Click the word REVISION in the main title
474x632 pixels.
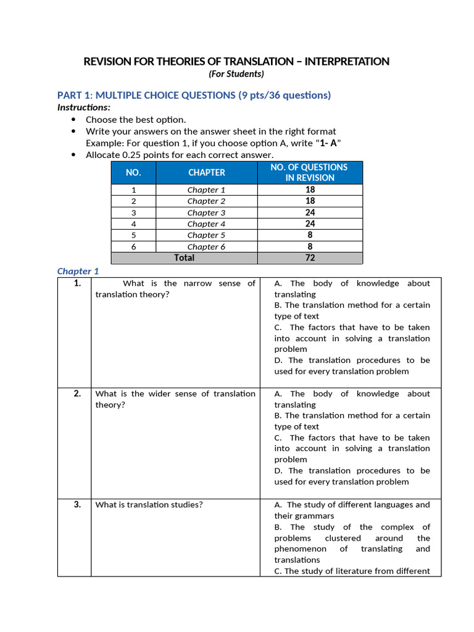coord(106,61)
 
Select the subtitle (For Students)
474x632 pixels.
coord(236,74)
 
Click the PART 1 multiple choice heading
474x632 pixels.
coord(194,95)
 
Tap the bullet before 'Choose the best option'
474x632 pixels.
coord(75,120)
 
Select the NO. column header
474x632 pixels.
coord(133,173)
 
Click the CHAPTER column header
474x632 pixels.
coord(207,173)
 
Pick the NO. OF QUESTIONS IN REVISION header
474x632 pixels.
coord(310,172)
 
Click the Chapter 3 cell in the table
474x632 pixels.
coord(207,212)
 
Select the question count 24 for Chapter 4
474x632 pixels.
coord(310,224)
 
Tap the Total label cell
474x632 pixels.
coord(184,258)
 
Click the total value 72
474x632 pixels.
coord(310,258)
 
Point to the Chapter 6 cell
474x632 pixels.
coord(207,247)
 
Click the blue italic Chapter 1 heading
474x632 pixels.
coord(78,271)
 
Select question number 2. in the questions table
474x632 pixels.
coord(77,394)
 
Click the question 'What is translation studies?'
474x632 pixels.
coord(149,505)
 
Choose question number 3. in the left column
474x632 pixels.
coord(77,504)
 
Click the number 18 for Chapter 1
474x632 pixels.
coord(310,190)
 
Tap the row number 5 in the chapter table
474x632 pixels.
coord(133,235)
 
